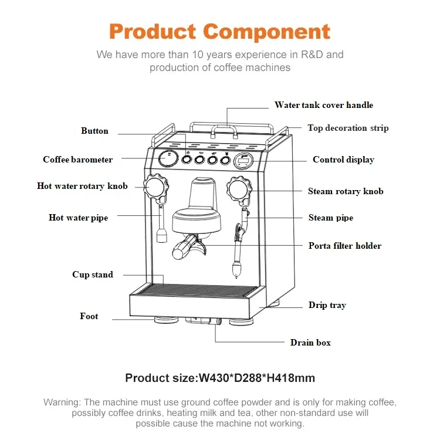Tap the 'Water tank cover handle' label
pyautogui.click(x=323, y=105)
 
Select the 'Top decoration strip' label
pyautogui.click(x=348, y=128)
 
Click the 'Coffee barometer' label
pyautogui.click(x=77, y=160)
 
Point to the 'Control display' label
pyautogui.click(x=343, y=160)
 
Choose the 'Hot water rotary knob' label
pyautogui.click(x=82, y=187)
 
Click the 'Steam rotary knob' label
pyautogui.click(x=346, y=191)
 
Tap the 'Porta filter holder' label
pyautogui.click(x=345, y=246)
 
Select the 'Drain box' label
pyautogui.click(x=310, y=343)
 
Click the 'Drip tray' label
pyautogui.click(x=327, y=305)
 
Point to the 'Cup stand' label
pyautogui.click(x=93, y=275)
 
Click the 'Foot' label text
pyautogui.click(x=89, y=316)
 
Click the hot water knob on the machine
pyautogui.click(x=155, y=187)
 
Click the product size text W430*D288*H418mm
pyautogui.click(x=220, y=378)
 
